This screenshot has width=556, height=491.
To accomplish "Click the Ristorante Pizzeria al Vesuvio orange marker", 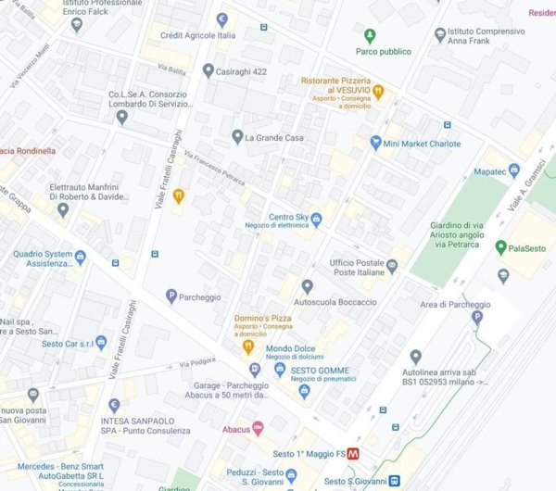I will tap(378, 91).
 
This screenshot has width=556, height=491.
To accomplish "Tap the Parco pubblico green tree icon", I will tap(370, 36).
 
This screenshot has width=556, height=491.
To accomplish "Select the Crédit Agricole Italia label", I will tap(197, 35).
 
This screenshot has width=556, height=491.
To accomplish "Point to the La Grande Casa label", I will tap(275, 137).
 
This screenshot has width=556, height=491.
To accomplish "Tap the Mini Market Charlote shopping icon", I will tap(375, 143).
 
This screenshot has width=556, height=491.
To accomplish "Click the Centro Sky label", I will tap(287, 218).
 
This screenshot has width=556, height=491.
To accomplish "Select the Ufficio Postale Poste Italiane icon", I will tap(392, 266).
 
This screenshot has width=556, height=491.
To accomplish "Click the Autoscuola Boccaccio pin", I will tap(307, 286).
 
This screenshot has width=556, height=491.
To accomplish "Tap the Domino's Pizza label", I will tap(262, 318).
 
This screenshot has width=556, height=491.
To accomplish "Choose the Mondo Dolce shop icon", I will tap(280, 369).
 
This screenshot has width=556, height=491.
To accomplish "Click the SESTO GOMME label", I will tap(319, 371).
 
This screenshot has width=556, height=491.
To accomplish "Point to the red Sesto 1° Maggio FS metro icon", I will tap(353, 454).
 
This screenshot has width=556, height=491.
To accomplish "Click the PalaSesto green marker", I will tap(501, 247).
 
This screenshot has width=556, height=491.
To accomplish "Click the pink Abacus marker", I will tap(258, 428).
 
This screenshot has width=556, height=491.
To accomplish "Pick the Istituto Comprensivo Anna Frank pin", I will tap(440, 35).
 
